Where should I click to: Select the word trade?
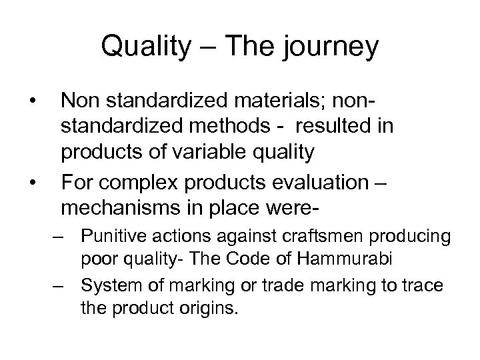point(280,287)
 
